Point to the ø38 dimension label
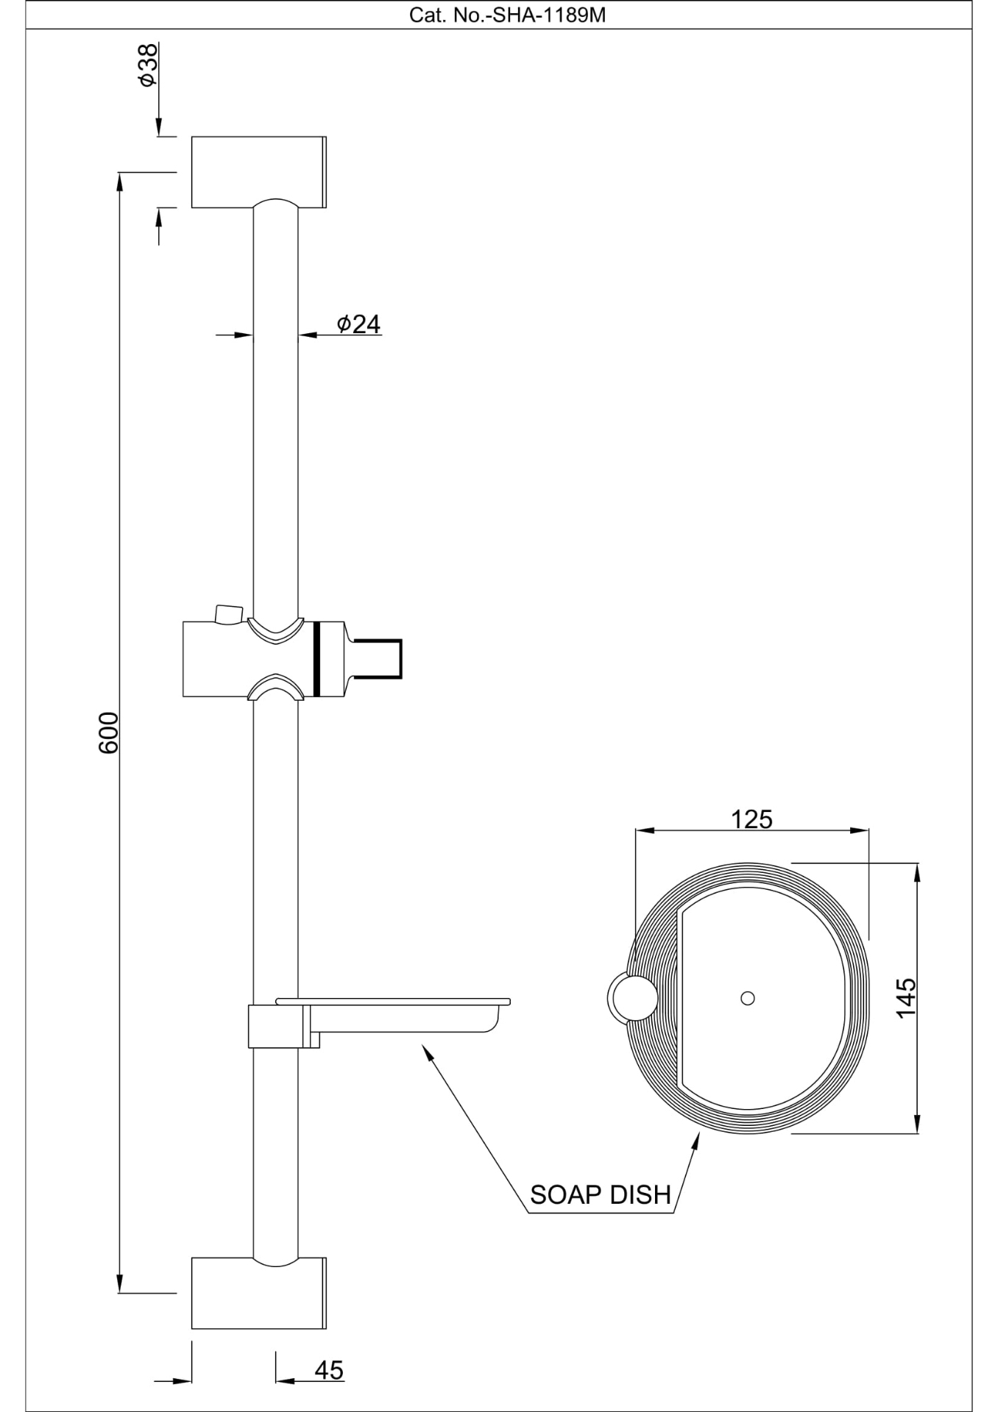(148, 65)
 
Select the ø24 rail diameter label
(359, 324)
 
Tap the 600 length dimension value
(108, 732)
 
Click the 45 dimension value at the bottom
(329, 1370)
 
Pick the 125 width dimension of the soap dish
(751, 819)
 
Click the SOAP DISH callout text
(601, 1194)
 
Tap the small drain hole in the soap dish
(748, 998)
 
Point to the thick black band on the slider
(318, 658)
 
